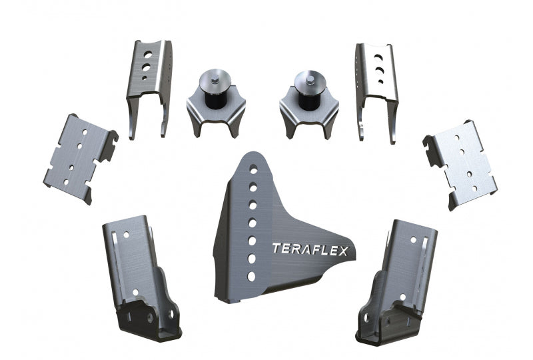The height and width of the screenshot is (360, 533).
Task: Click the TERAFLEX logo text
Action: [310, 250]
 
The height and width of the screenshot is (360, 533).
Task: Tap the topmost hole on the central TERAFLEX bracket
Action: [254, 169]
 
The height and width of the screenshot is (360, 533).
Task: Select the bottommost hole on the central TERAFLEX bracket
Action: [251, 276]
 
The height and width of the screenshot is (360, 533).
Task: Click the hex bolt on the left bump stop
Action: [214, 81]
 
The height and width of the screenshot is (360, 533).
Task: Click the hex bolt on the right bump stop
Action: [310, 80]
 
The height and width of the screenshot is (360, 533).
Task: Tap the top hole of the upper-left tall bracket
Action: [148, 55]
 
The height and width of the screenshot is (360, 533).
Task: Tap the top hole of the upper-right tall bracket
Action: [376, 58]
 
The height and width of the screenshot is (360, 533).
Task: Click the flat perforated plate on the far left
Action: [81, 159]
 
